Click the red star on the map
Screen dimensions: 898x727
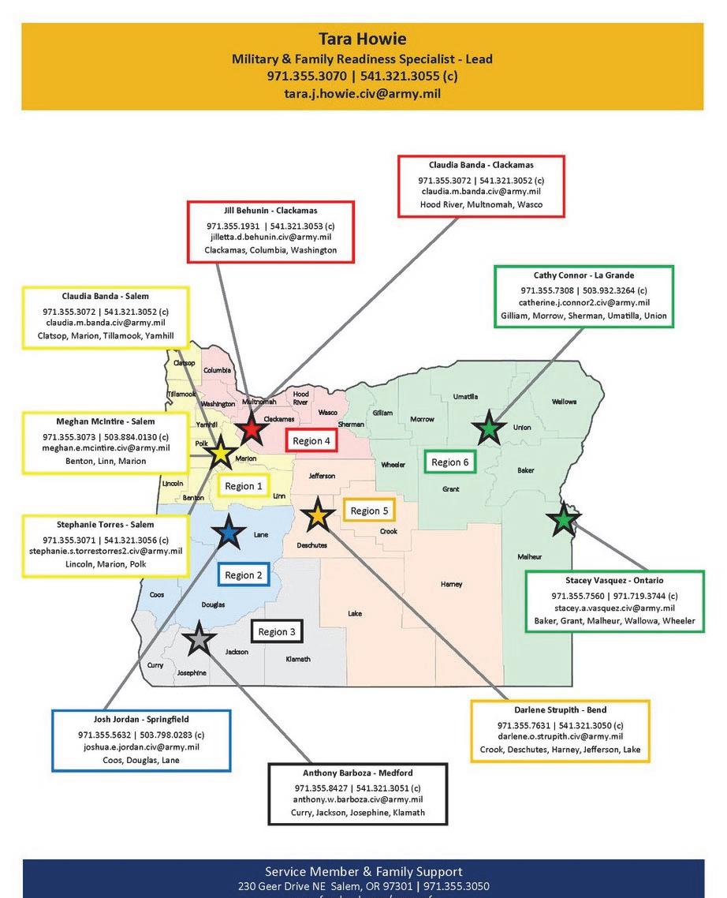pyautogui.click(x=251, y=429)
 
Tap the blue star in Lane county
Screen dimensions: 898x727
pyautogui.click(x=229, y=533)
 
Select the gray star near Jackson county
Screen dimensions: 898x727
pyautogui.click(x=199, y=639)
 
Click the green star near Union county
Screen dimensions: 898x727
pyautogui.click(x=489, y=428)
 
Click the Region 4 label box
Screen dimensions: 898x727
pyautogui.click(x=311, y=441)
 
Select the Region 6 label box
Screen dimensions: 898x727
pyautogui.click(x=450, y=462)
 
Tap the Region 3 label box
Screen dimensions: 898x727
pyautogui.click(x=277, y=631)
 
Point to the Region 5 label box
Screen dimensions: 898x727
pyautogui.click(x=369, y=511)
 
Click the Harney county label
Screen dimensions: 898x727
pyautogui.click(x=452, y=585)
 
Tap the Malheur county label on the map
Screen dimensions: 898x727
pyautogui.click(x=530, y=557)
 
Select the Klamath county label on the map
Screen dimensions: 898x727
pyautogui.click(x=298, y=659)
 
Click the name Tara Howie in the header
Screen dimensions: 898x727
pyautogui.click(x=362, y=39)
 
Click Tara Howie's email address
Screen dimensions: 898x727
pyautogui.click(x=362, y=93)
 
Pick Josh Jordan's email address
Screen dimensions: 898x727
pyautogui.click(x=141, y=746)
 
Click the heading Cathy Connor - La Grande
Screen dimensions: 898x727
pyautogui.click(x=583, y=275)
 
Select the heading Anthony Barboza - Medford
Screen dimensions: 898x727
pyautogui.click(x=357, y=773)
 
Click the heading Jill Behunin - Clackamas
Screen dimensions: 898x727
pyautogui.click(x=270, y=211)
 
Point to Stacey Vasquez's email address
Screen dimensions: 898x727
pyautogui.click(x=614, y=608)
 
